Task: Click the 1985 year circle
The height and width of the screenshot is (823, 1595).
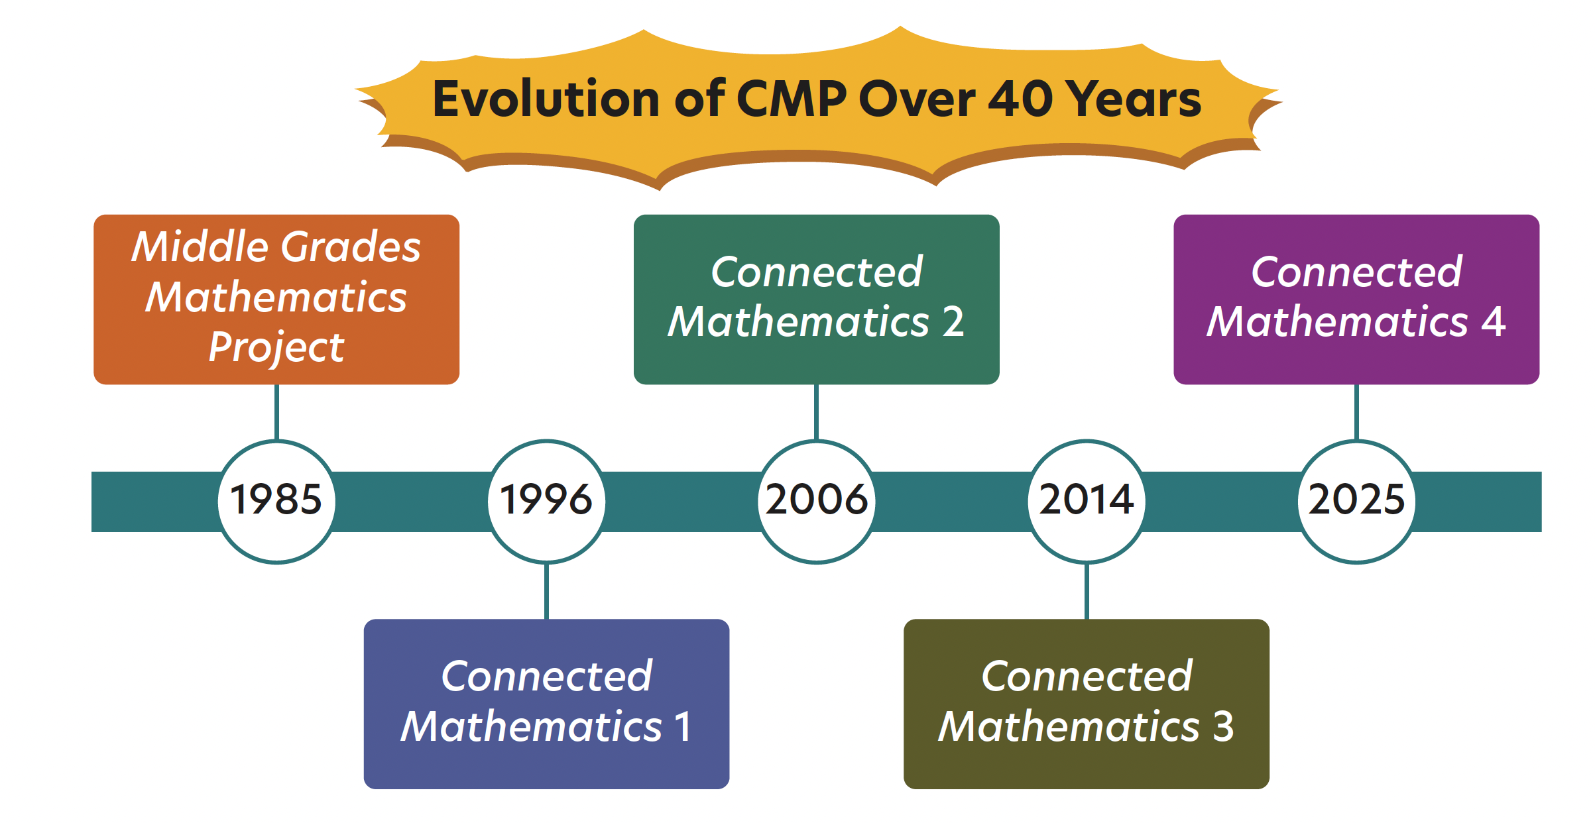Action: pyautogui.click(x=276, y=502)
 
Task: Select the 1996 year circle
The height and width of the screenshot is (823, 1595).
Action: pyautogui.click(x=546, y=502)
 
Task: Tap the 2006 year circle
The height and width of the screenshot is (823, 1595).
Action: pyautogui.click(x=817, y=502)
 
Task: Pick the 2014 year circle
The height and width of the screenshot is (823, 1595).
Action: pyautogui.click(x=1087, y=502)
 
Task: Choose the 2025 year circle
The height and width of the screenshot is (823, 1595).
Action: pyautogui.click(x=1356, y=502)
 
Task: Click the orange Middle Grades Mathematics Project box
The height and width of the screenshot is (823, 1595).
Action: pyautogui.click(x=276, y=300)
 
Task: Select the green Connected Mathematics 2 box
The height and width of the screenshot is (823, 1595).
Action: pyautogui.click(x=817, y=300)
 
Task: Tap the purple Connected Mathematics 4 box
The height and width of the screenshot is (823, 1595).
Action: pyautogui.click(x=1356, y=300)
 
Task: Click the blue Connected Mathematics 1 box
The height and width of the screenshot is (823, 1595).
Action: pyautogui.click(x=546, y=704)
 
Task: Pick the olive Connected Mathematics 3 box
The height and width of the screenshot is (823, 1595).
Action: pyautogui.click(x=1087, y=704)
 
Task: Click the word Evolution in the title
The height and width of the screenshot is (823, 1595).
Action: pyautogui.click(x=546, y=99)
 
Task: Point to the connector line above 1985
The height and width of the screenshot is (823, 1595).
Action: pyautogui.click(x=276, y=412)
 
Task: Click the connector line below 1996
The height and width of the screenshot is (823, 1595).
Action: pyautogui.click(x=546, y=591)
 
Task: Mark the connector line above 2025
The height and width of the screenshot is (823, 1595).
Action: pyautogui.click(x=1356, y=412)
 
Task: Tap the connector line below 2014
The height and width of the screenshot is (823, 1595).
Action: pyautogui.click(x=1087, y=591)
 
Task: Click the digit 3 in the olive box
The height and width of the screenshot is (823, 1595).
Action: pyautogui.click(x=1224, y=726)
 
